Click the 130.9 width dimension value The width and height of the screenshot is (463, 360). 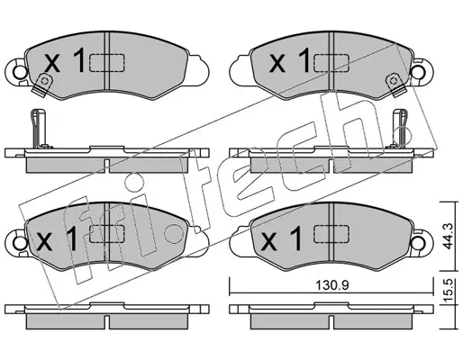pyautogui.click(x=331, y=285)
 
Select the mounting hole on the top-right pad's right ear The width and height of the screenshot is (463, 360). pyautogui.click(x=419, y=72)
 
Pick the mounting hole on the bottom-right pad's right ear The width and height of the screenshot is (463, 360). pyautogui.click(x=419, y=242)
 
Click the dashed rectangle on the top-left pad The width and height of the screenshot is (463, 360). pyautogui.click(x=107, y=63)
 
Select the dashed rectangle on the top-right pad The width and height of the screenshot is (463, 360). pyautogui.click(x=331, y=63)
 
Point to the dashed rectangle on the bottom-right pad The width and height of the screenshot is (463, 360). pyautogui.click(x=331, y=234)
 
